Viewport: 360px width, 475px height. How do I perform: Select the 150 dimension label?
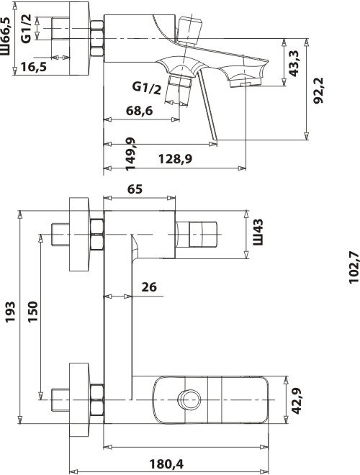coord(32,312)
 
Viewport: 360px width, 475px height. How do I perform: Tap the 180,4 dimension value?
coord(166,463)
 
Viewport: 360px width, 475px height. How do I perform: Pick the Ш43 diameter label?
coord(258,232)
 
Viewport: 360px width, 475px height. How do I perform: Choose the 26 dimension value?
coord(149,286)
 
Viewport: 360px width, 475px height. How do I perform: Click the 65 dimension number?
coord(135,189)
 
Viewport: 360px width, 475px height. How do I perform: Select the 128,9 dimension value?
coord(176,158)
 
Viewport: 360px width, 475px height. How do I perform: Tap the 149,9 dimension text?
coord(130,154)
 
